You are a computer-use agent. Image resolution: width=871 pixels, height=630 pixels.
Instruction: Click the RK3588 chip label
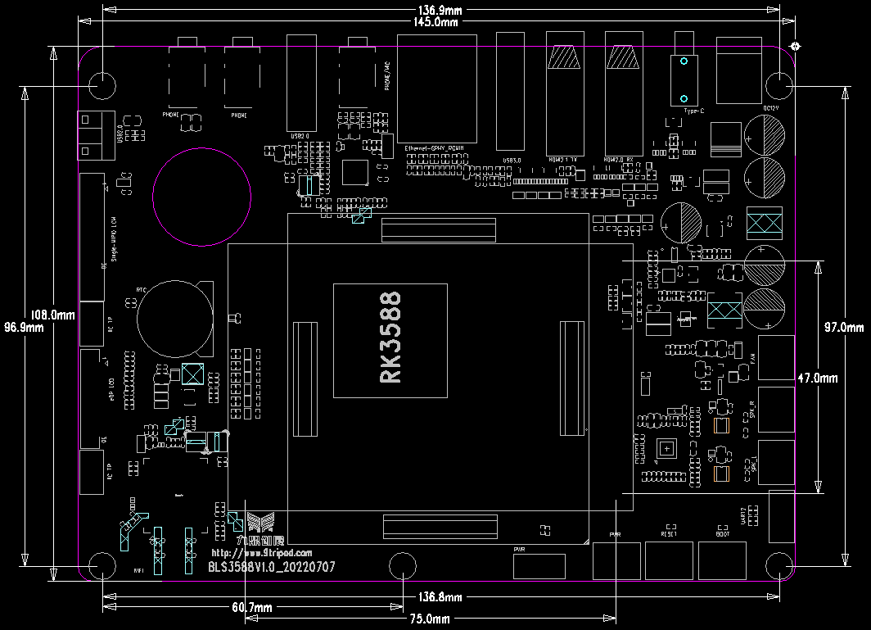point(390,338)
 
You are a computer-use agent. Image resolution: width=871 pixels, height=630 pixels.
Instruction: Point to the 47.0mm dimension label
point(817,378)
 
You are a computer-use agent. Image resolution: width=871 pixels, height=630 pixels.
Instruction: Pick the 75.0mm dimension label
point(430,619)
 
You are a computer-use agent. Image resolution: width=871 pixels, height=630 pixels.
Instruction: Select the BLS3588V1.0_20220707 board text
point(271,567)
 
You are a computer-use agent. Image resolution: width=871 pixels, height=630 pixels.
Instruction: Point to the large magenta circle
point(202,197)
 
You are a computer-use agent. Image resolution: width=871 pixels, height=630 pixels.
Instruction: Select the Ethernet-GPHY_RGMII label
point(435,148)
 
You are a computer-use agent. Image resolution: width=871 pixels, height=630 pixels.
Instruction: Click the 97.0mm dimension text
point(843,328)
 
